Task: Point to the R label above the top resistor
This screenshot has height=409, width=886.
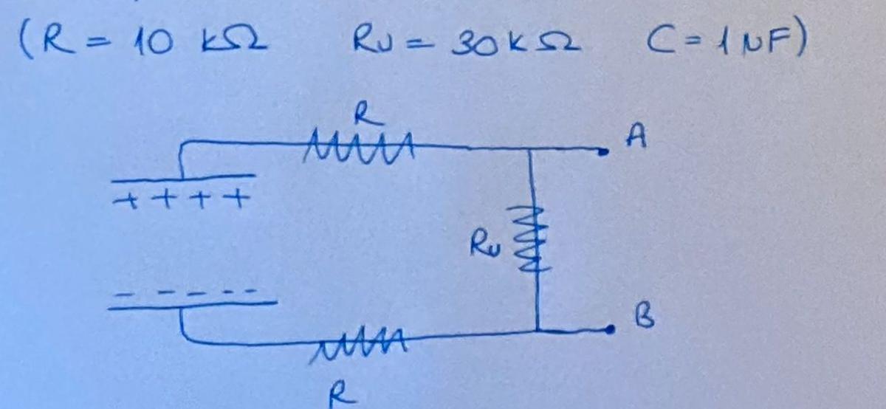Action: point(367,113)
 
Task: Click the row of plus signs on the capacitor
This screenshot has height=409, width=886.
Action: point(180,199)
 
